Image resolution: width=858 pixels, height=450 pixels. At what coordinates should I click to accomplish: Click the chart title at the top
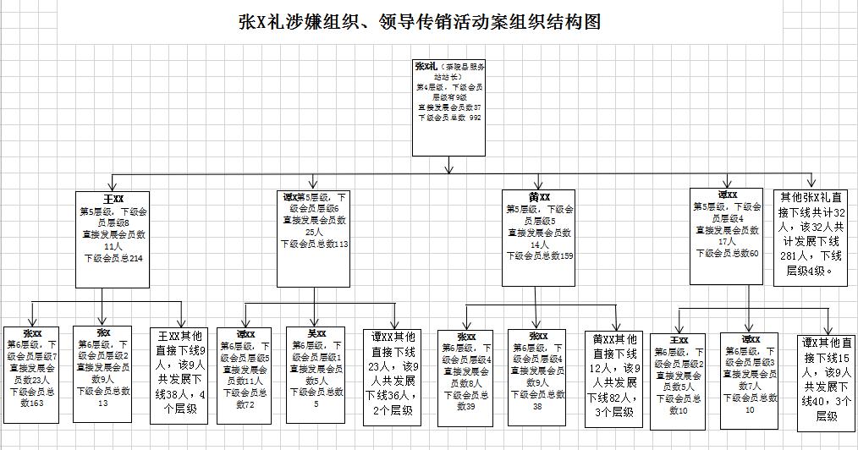420,22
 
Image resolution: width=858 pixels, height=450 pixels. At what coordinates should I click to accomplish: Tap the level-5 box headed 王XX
113,239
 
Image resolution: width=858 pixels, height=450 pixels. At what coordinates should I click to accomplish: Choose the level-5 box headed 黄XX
538,238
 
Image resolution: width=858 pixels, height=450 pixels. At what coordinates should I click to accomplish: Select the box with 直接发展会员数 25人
314,238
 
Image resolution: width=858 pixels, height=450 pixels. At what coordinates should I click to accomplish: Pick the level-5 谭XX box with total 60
726,236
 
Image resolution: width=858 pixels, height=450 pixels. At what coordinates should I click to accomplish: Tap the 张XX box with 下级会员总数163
31,373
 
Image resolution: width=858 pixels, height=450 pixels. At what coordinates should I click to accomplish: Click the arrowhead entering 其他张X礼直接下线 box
811,184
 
